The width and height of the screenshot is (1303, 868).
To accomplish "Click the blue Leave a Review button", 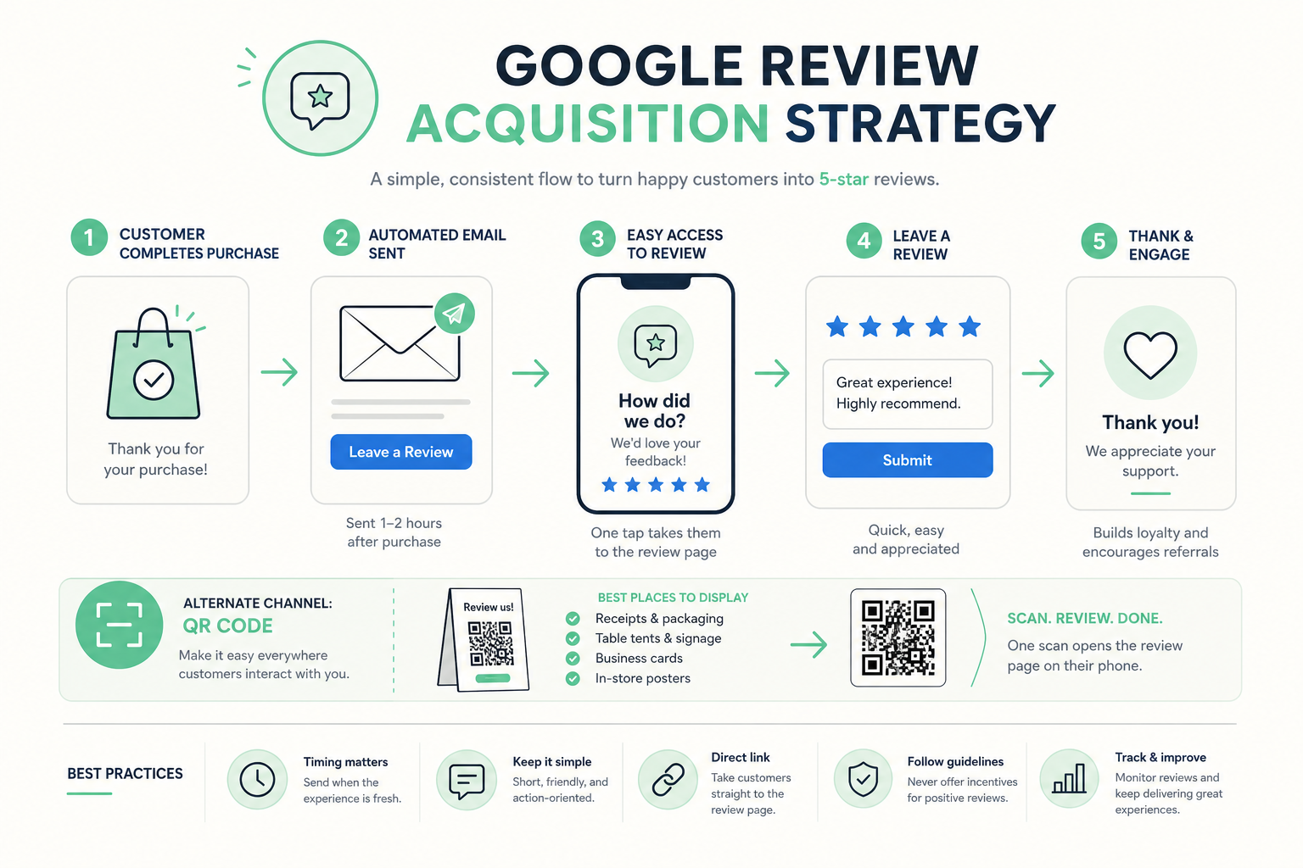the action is [x=400, y=452].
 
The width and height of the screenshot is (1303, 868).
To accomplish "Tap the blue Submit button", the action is [x=908, y=460].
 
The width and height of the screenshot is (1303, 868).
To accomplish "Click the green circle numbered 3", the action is [x=597, y=239].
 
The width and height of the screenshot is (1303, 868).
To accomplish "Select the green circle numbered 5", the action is [x=1099, y=241].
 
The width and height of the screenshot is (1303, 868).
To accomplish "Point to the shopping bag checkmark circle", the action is [x=153, y=380].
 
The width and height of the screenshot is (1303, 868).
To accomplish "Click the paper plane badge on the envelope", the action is [x=455, y=314].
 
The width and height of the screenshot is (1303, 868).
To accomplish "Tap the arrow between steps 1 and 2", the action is [x=279, y=372].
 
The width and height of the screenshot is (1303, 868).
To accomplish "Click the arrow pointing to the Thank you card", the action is [x=1037, y=373].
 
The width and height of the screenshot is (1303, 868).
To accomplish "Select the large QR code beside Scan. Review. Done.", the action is [x=898, y=637].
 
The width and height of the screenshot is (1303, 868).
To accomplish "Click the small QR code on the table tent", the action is [x=490, y=643].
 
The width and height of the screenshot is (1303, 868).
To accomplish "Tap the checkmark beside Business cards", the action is [x=573, y=658].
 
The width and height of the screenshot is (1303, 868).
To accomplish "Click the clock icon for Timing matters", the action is [x=257, y=780].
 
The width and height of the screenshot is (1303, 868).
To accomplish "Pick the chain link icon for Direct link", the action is [x=668, y=780].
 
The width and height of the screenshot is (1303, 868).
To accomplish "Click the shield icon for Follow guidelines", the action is [x=864, y=779].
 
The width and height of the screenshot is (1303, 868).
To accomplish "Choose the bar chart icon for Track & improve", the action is [x=1069, y=778].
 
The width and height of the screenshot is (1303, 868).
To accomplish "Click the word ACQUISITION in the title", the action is [x=588, y=124].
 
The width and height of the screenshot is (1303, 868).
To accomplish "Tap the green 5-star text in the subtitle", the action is [x=844, y=179].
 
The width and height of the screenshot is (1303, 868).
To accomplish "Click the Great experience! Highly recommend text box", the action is [x=908, y=394].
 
